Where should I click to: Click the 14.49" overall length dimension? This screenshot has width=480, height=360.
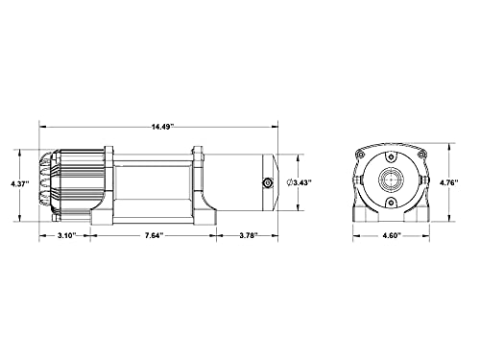(x=162, y=127)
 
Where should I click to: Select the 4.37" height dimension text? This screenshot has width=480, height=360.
(x=20, y=184)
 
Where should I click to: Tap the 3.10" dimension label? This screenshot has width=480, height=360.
(x=66, y=236)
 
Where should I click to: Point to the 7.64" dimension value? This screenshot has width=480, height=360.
(x=155, y=236)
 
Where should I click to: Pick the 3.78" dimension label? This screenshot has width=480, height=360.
(x=249, y=236)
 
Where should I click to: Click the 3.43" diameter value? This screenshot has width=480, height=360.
(x=302, y=183)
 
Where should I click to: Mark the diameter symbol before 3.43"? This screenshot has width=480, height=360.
(x=289, y=183)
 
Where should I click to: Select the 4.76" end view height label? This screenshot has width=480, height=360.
(x=448, y=183)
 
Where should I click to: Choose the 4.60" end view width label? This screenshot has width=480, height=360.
(x=392, y=236)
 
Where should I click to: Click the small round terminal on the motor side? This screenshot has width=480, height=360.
(x=267, y=183)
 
